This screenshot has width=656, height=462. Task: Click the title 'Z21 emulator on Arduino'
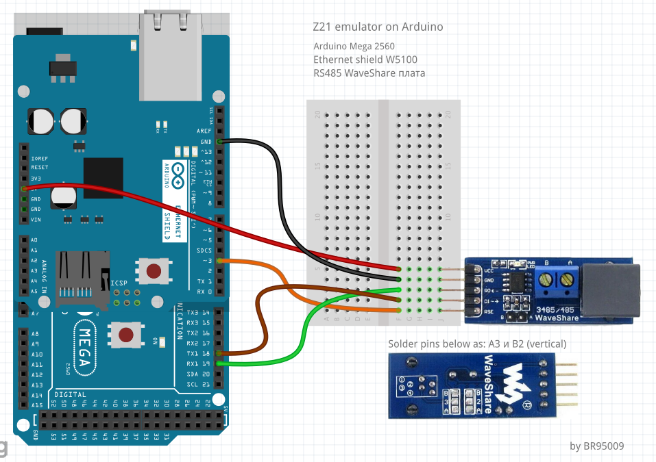coord(377,27)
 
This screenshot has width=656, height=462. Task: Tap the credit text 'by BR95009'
coord(596,446)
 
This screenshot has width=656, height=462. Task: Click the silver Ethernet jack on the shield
coord(167,51)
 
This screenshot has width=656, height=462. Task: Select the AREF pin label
coord(204,130)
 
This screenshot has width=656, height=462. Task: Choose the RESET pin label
coord(40,167)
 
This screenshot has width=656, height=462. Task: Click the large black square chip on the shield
coord(103,178)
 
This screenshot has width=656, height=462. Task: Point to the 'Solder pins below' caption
coord(477,344)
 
